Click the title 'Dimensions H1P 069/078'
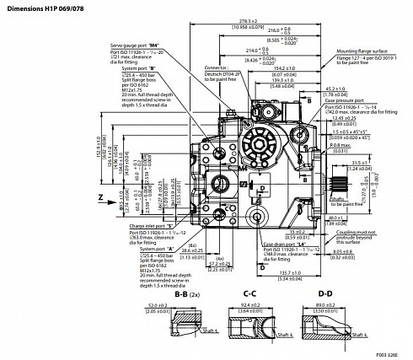tap(41, 7)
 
